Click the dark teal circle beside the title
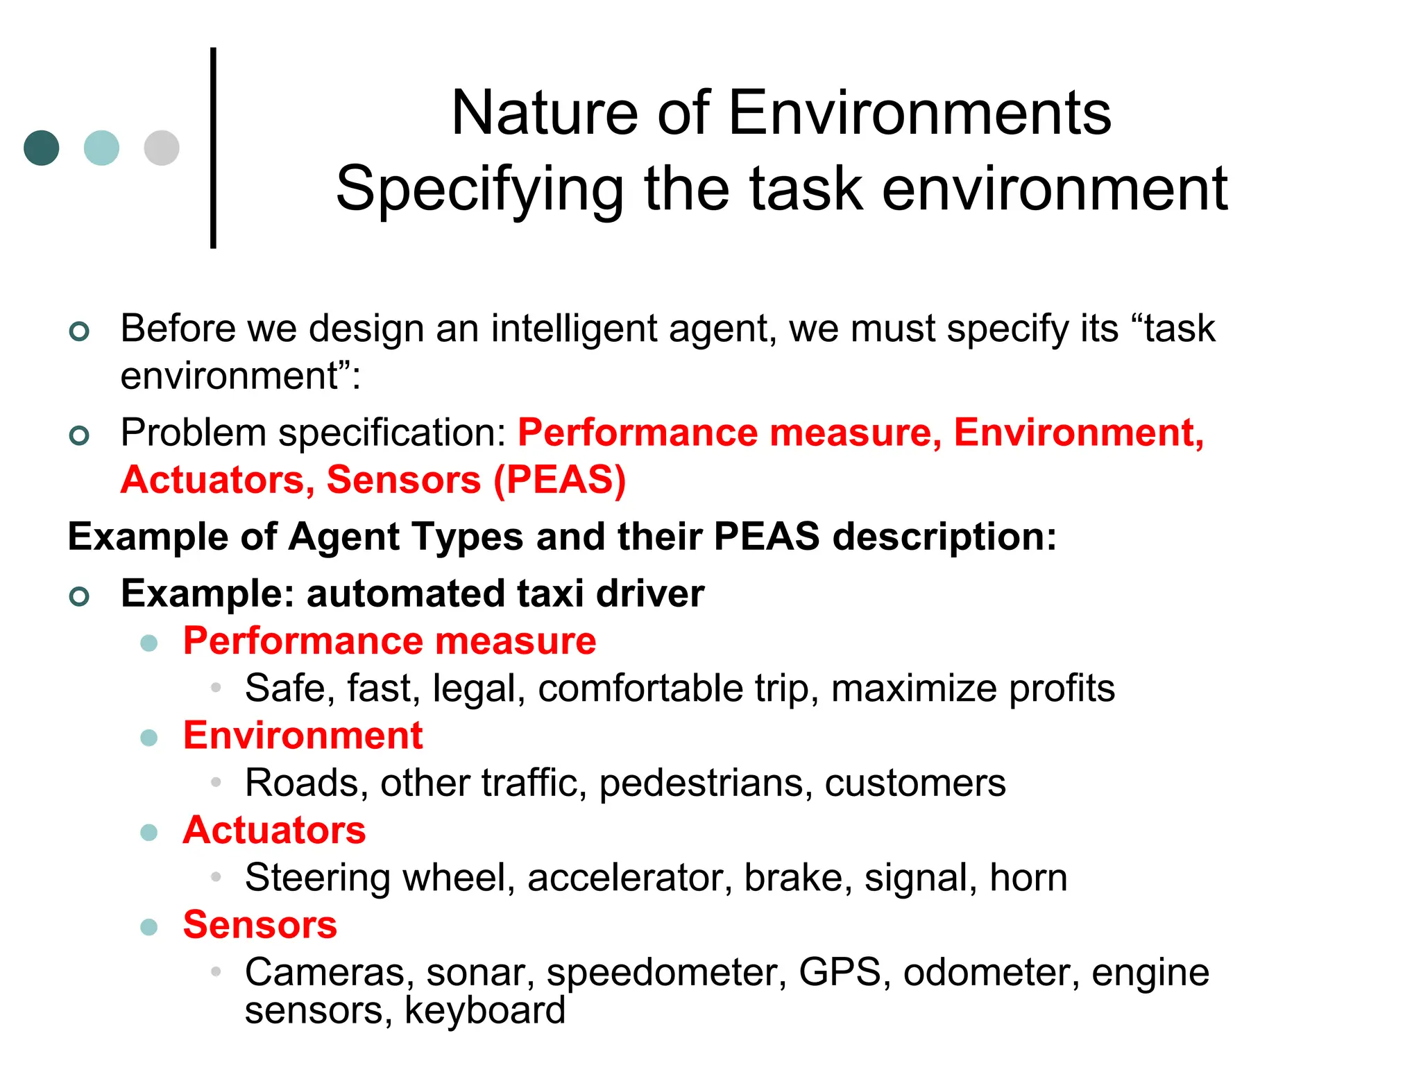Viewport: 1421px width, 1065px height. [42, 148]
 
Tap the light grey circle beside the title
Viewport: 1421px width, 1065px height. [162, 148]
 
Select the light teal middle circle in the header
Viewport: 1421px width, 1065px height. [101, 148]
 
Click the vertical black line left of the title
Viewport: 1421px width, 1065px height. [213, 148]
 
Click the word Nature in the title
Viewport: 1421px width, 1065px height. [545, 113]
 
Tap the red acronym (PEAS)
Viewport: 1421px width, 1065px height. [560, 480]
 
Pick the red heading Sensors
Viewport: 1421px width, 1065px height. [260, 924]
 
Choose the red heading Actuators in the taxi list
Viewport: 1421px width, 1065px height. [274, 830]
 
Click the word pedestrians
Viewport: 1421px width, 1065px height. [706, 783]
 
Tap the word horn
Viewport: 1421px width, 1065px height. [1028, 878]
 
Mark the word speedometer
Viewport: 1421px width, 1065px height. [667, 973]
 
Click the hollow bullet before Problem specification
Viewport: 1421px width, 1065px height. [80, 435]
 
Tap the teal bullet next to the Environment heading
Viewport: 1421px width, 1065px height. [149, 737]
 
